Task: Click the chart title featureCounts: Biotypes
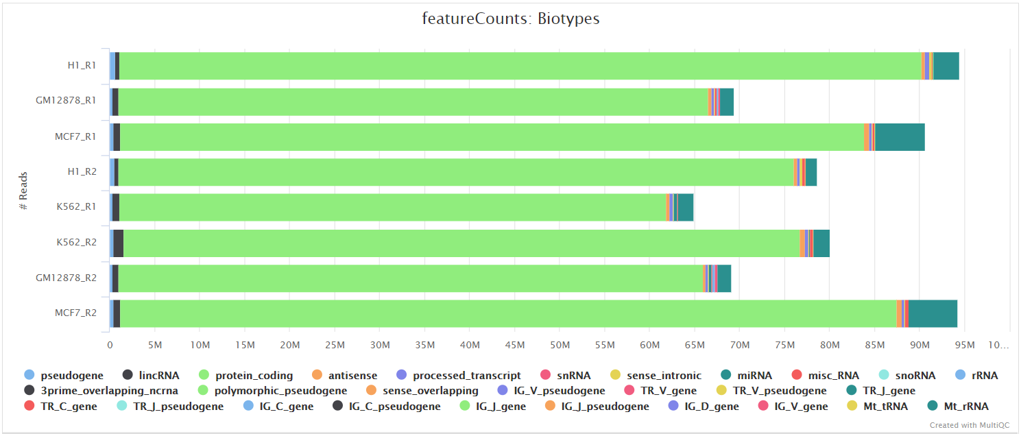pyautogui.click(x=510, y=19)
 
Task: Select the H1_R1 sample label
pyautogui.click(x=82, y=66)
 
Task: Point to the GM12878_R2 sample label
pyautogui.click(x=67, y=278)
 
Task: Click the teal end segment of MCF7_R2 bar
pyautogui.click(x=933, y=313)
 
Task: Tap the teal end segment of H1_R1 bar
pyautogui.click(x=946, y=66)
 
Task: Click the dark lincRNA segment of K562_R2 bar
pyautogui.click(x=118, y=243)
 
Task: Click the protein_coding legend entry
pyautogui.click(x=254, y=376)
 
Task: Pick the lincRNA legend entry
pyautogui.click(x=158, y=376)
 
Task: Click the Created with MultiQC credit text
pyautogui.click(x=969, y=426)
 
